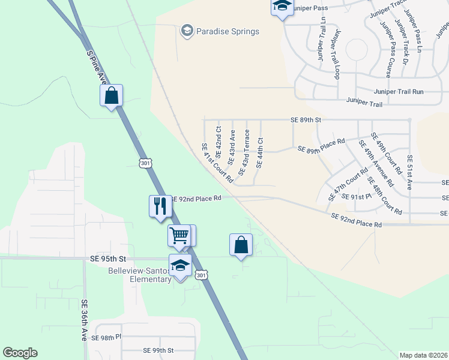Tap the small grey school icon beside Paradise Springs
(x=187, y=30)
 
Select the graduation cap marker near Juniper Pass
(x=282, y=8)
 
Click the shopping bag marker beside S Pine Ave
(x=111, y=95)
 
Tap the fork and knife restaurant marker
(x=160, y=206)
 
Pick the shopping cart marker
(x=179, y=235)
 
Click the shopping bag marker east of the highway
(x=241, y=245)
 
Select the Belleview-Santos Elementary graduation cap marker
(x=180, y=266)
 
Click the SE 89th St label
(x=306, y=120)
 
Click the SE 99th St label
(x=158, y=350)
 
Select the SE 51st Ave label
(x=410, y=172)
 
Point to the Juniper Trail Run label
(x=399, y=92)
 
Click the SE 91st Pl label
(x=353, y=197)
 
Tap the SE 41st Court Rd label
(x=217, y=163)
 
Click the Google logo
(x=20, y=353)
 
